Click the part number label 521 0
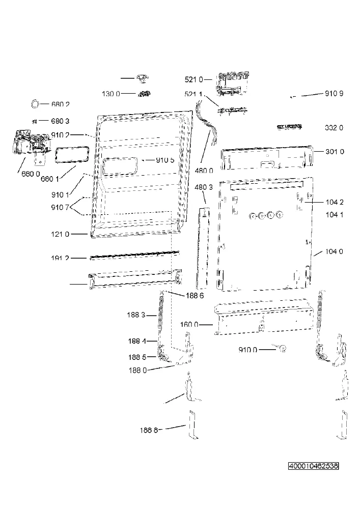tap(194, 79)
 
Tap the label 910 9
tap(334, 94)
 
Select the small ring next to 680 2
tap(35, 104)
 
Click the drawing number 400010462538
tap(314, 466)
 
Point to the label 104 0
tap(334, 251)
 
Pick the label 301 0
tap(335, 152)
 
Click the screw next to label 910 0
tap(282, 349)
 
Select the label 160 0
tap(189, 325)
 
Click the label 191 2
tap(60, 259)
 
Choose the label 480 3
tap(204, 187)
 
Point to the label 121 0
tap(60, 234)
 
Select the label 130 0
tap(111, 94)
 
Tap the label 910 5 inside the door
tap(165, 160)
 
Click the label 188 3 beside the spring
tap(136, 315)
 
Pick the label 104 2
tap(335, 202)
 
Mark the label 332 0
tap(334, 128)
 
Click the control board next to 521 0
tap(233, 84)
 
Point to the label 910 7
tap(60, 207)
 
